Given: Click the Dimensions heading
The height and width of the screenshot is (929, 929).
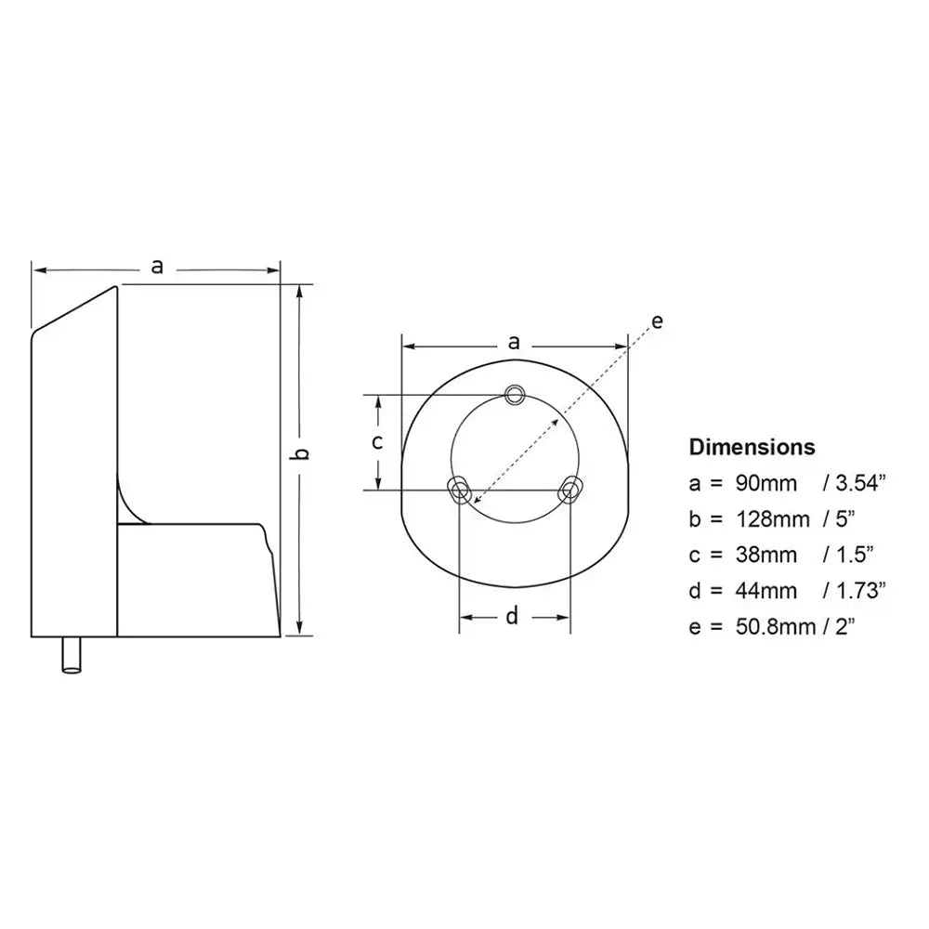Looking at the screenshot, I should (x=752, y=447).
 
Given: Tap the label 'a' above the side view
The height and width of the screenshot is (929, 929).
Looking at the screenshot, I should (x=157, y=267).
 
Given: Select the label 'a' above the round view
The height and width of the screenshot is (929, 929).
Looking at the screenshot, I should (x=514, y=342).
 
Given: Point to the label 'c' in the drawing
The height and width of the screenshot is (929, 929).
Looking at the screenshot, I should (x=377, y=442).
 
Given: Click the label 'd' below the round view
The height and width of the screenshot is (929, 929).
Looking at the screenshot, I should (x=512, y=616).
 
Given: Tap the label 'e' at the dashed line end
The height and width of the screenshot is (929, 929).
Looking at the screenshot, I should (x=657, y=321).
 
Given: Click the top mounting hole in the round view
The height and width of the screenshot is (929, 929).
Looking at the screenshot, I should (x=514, y=394).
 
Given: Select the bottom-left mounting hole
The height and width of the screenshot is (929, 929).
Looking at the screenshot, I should (x=459, y=489).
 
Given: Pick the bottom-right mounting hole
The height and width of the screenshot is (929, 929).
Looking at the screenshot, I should (x=569, y=489).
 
